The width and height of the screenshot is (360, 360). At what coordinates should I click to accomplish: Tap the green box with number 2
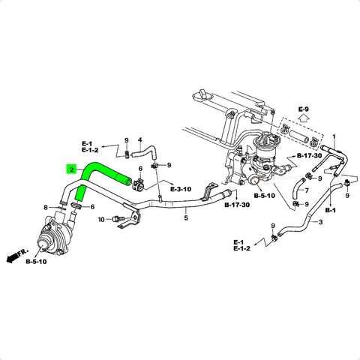[x=71, y=170]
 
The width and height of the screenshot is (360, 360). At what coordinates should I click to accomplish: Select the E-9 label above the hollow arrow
[x=304, y=109]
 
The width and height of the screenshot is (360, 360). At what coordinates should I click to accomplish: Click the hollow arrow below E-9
[x=304, y=118]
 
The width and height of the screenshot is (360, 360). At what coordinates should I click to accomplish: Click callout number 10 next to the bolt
[x=101, y=220]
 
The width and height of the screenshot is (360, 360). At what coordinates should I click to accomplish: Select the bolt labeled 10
[x=116, y=219]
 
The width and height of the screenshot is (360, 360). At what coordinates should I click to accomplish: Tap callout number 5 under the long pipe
[x=186, y=217]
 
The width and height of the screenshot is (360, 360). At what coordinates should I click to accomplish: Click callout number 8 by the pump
[x=46, y=207]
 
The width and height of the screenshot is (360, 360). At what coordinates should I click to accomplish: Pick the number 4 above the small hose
[x=140, y=140]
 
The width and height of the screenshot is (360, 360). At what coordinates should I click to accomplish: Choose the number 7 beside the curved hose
[x=307, y=190]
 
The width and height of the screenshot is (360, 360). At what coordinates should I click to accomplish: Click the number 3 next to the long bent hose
[x=321, y=222]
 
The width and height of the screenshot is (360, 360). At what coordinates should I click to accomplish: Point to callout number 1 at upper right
[x=334, y=137]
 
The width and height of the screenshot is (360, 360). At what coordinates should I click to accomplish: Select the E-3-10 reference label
[x=181, y=189]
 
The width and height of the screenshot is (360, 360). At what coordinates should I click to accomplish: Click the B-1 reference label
[x=331, y=210]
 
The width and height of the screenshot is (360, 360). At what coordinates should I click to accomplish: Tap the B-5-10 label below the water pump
[x=36, y=262]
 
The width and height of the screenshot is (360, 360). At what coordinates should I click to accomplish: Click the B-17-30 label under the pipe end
[x=237, y=205]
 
